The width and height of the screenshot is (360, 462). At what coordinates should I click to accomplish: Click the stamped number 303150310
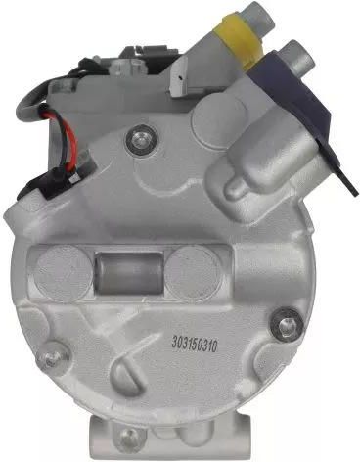(195, 344)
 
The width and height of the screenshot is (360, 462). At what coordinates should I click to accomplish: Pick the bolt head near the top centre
(141, 141)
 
